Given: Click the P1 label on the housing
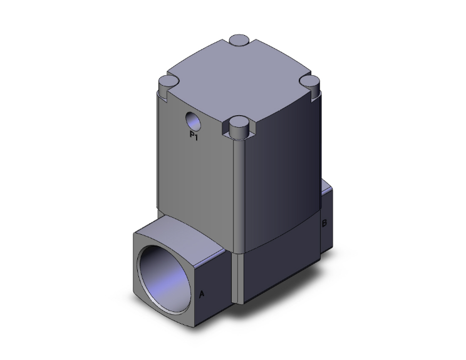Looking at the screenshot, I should (194, 135).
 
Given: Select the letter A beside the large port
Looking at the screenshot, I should (202, 294).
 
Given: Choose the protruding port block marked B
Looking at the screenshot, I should (328, 219).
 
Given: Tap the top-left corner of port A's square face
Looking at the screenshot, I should (135, 233).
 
